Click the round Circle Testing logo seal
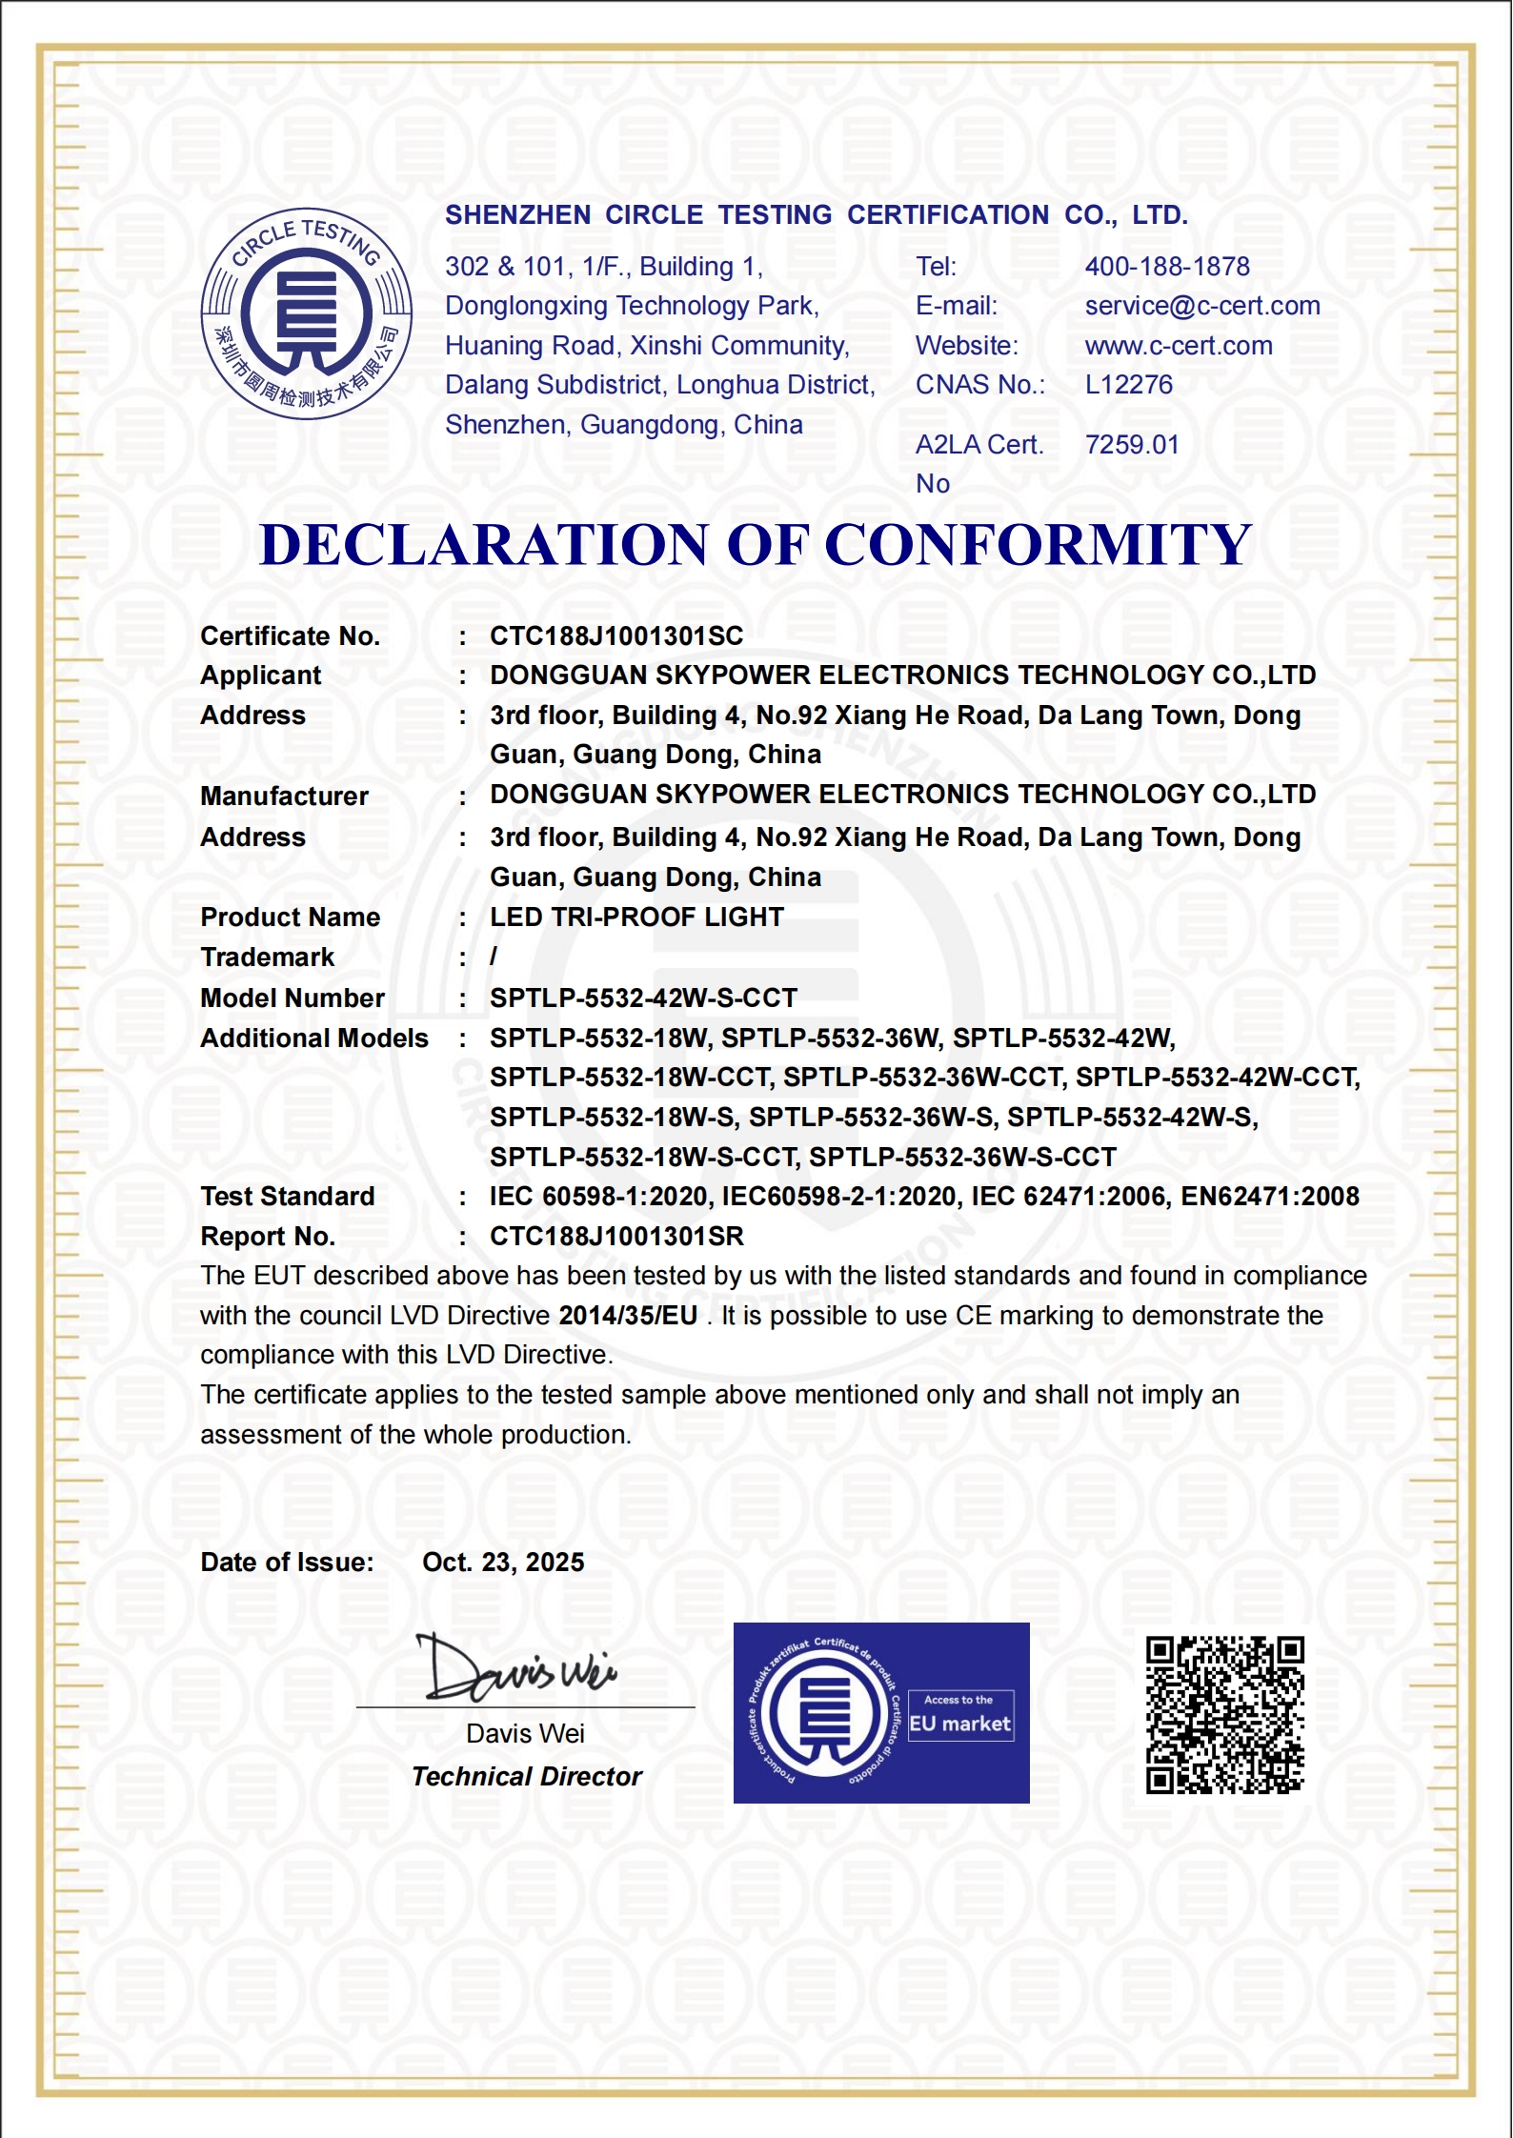coord(307,313)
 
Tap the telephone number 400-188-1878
coord(1167,267)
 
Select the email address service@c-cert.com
coord(1202,306)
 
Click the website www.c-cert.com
coord(1179,346)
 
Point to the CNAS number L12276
coord(1129,385)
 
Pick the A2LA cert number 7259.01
coord(1132,445)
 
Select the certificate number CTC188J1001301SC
coord(616,636)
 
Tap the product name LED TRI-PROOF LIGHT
coord(636,918)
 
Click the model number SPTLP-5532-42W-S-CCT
coord(643,998)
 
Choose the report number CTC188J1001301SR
coord(616,1237)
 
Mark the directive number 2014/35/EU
coord(628,1316)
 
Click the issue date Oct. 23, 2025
coord(503,1563)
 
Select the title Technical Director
coord(527,1777)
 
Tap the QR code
coord(1224,1715)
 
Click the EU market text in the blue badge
coord(959,1724)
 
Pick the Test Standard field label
coord(288,1197)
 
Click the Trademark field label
coord(268,958)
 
